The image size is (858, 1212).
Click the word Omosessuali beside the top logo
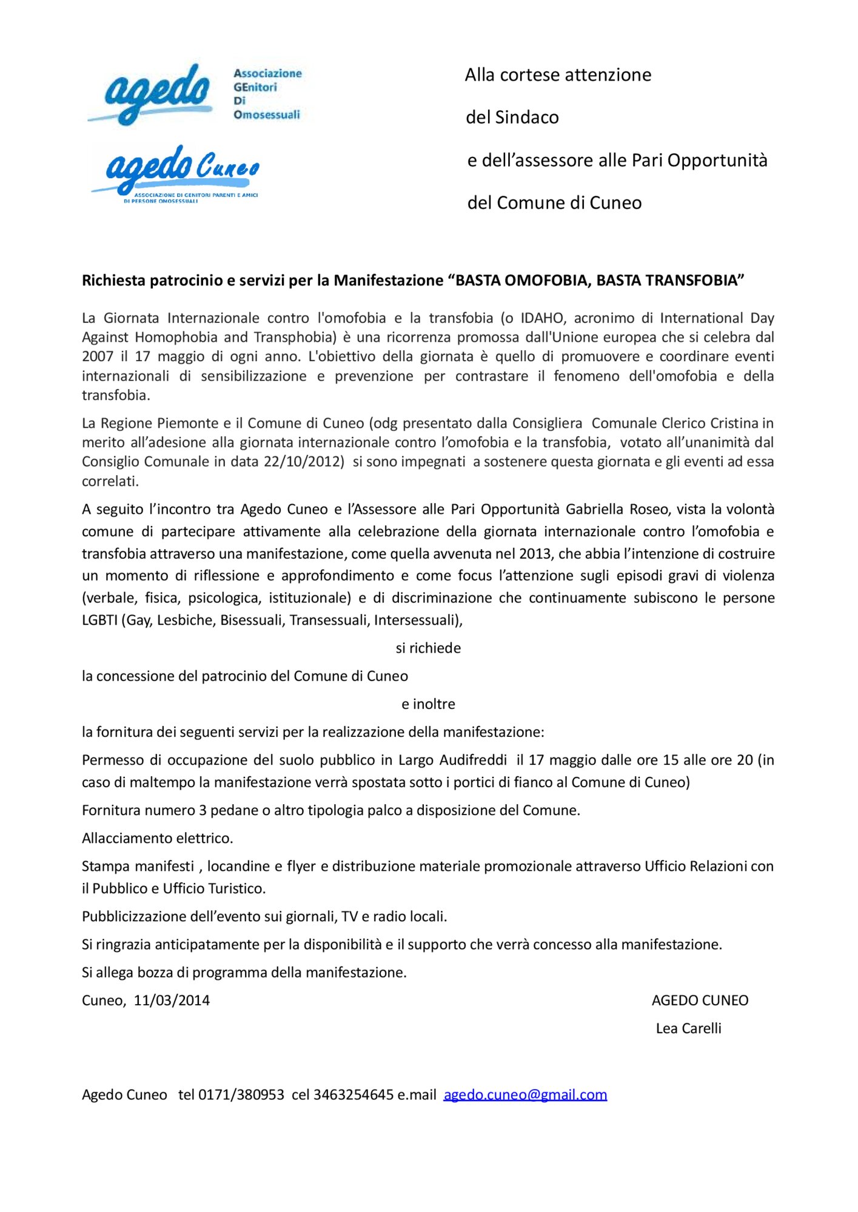267,115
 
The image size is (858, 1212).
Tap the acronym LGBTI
99,621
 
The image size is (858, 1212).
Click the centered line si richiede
428,648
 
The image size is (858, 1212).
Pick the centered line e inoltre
428,704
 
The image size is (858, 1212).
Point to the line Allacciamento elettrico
158,839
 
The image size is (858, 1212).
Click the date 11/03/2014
172,1001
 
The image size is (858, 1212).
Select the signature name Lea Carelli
688,1028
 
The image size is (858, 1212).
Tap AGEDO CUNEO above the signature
700,1001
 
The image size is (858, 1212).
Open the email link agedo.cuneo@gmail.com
525,1095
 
